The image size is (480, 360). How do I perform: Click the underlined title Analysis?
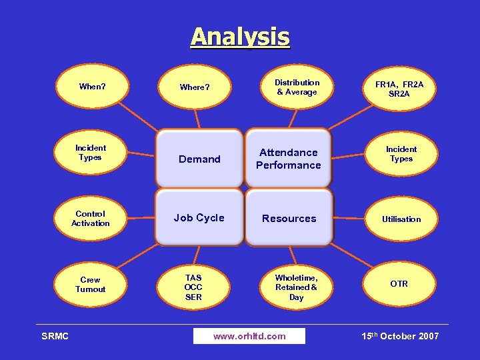(240, 37)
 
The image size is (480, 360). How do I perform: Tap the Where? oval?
(194, 87)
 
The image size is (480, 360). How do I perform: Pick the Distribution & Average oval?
(297, 87)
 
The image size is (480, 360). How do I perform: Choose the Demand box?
(199, 159)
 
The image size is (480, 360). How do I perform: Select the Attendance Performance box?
(289, 159)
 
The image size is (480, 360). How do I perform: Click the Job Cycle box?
(199, 218)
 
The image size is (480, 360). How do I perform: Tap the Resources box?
(289, 218)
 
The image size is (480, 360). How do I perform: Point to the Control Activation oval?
(91, 219)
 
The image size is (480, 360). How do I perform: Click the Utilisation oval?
(401, 219)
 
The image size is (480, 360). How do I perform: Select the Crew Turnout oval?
(91, 285)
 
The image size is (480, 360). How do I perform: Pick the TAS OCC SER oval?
(193, 287)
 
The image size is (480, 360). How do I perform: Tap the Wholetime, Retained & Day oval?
(296, 287)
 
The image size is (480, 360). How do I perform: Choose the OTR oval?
(399, 284)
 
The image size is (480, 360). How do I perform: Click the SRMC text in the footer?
(55, 336)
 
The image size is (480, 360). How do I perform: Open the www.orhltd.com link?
(249, 336)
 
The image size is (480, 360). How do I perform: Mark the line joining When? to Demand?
(139, 116)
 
